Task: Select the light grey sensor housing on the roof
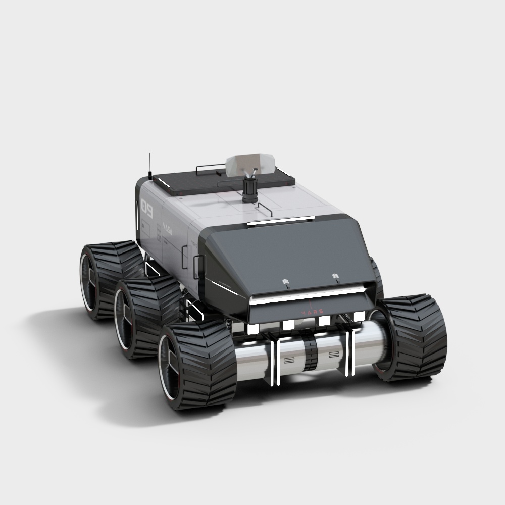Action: (x=250, y=164)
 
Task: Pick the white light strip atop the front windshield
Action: (x=281, y=221)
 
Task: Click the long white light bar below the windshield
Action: (x=308, y=295)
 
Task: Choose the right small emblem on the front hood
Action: (x=335, y=276)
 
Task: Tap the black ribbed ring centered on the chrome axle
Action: (x=310, y=353)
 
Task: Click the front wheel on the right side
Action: (x=412, y=336)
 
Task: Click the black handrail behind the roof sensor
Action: (x=210, y=167)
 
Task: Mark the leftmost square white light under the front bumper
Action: (x=253, y=328)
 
